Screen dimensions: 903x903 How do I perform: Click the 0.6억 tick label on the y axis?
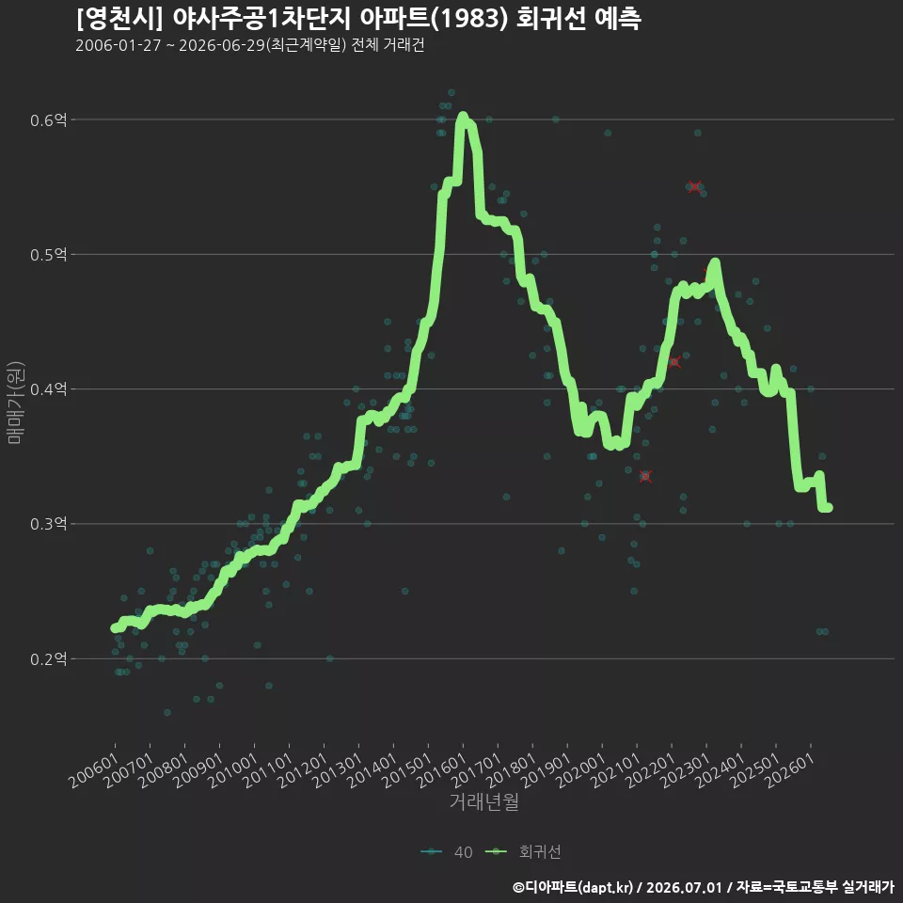point(48,119)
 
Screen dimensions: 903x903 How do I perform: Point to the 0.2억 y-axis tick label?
point(48,658)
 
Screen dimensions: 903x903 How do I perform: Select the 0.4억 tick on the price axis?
point(48,389)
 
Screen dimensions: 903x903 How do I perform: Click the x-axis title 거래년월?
point(483,801)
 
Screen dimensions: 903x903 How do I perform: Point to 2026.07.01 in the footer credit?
point(684,887)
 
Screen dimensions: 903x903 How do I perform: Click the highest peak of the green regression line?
point(463,117)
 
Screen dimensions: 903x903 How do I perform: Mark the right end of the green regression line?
point(828,507)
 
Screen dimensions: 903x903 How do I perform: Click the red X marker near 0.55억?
point(694,186)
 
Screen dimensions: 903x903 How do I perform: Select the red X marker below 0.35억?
point(645,476)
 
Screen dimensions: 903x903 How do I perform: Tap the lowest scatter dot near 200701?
point(167,712)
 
